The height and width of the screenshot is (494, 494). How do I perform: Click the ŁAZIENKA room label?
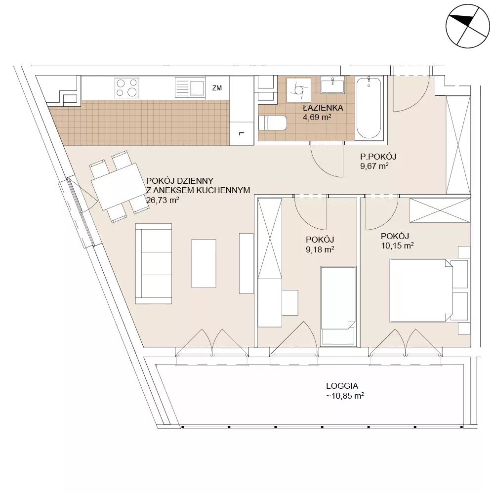[323, 108]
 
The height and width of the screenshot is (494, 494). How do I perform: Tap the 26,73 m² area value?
[163, 200]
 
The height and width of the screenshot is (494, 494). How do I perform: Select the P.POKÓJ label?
[378, 157]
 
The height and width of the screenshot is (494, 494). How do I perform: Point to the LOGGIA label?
[342, 386]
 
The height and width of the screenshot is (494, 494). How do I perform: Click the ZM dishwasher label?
[217, 88]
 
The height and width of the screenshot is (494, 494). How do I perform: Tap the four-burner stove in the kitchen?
[127, 87]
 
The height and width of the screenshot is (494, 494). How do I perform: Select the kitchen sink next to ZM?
[190, 87]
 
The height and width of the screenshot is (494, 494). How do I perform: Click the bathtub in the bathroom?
[369, 108]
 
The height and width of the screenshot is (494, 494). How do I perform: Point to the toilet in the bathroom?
[273, 123]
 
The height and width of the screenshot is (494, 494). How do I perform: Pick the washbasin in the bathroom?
[332, 85]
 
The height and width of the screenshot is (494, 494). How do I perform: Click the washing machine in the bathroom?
[299, 90]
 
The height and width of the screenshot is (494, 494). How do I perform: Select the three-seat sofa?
[154, 264]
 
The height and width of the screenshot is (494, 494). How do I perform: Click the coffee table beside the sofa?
[204, 263]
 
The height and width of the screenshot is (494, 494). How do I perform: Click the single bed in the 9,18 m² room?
[338, 305]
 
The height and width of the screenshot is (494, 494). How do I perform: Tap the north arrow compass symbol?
[468, 26]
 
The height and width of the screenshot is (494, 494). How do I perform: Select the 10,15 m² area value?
[397, 246]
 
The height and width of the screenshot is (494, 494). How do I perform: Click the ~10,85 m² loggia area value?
[345, 396]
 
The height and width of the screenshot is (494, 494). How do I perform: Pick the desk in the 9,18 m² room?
[290, 302]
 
